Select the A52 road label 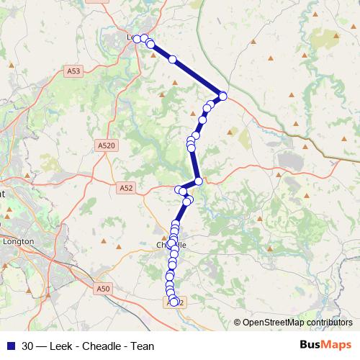pyautogui.click(x=127, y=188)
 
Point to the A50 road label pyautogui.click(x=103, y=288)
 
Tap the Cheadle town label pyautogui.click(x=171, y=245)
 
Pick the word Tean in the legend pyautogui.click(x=143, y=346)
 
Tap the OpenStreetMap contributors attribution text pyautogui.click(x=296, y=323)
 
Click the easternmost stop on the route pyautogui.click(x=223, y=96)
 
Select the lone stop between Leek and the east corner pyautogui.click(x=172, y=60)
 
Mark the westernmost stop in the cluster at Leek pyautogui.click(x=137, y=38)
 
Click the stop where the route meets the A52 pyautogui.click(x=198, y=181)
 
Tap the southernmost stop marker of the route pyautogui.click(x=174, y=302)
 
